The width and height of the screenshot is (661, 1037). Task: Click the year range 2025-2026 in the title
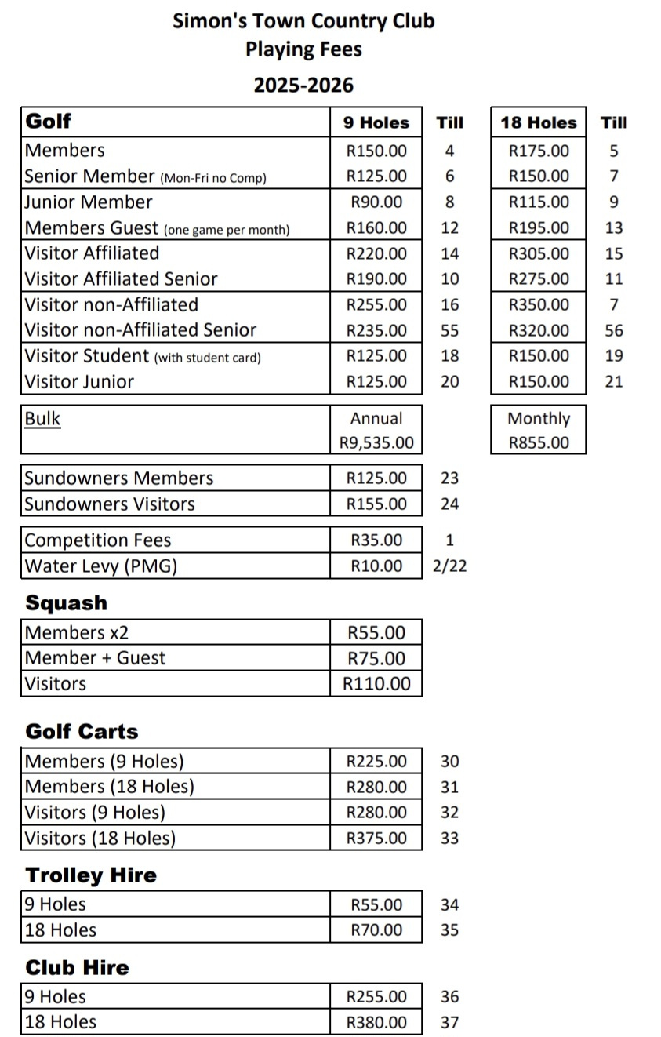point(303,85)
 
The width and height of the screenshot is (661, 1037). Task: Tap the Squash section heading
point(66,603)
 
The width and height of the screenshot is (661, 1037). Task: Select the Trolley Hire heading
point(91,875)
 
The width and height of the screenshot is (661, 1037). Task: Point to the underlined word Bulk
point(42,418)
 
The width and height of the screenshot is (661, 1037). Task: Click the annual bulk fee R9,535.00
point(376,442)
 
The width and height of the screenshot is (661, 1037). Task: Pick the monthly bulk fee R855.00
point(539,442)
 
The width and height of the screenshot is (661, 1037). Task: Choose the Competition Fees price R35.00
point(376,540)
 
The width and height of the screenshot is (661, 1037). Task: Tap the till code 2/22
point(449,566)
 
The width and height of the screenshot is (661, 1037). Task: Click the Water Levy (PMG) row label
point(101,566)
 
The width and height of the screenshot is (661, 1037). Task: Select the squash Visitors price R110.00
point(376,683)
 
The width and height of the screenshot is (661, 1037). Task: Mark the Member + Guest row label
point(96,657)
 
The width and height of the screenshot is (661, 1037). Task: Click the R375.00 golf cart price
point(376,838)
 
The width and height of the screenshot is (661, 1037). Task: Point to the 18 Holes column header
point(539,122)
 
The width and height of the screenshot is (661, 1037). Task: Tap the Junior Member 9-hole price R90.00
point(376,202)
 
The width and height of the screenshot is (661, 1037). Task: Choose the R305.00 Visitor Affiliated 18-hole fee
point(539,253)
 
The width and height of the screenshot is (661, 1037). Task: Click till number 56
point(614,330)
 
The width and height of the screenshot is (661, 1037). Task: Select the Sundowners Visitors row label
point(110,504)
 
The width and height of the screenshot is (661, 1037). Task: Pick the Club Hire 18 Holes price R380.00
point(376,1022)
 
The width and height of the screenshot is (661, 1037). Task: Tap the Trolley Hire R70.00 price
point(376,930)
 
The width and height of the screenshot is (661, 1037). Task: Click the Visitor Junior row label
point(79,382)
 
